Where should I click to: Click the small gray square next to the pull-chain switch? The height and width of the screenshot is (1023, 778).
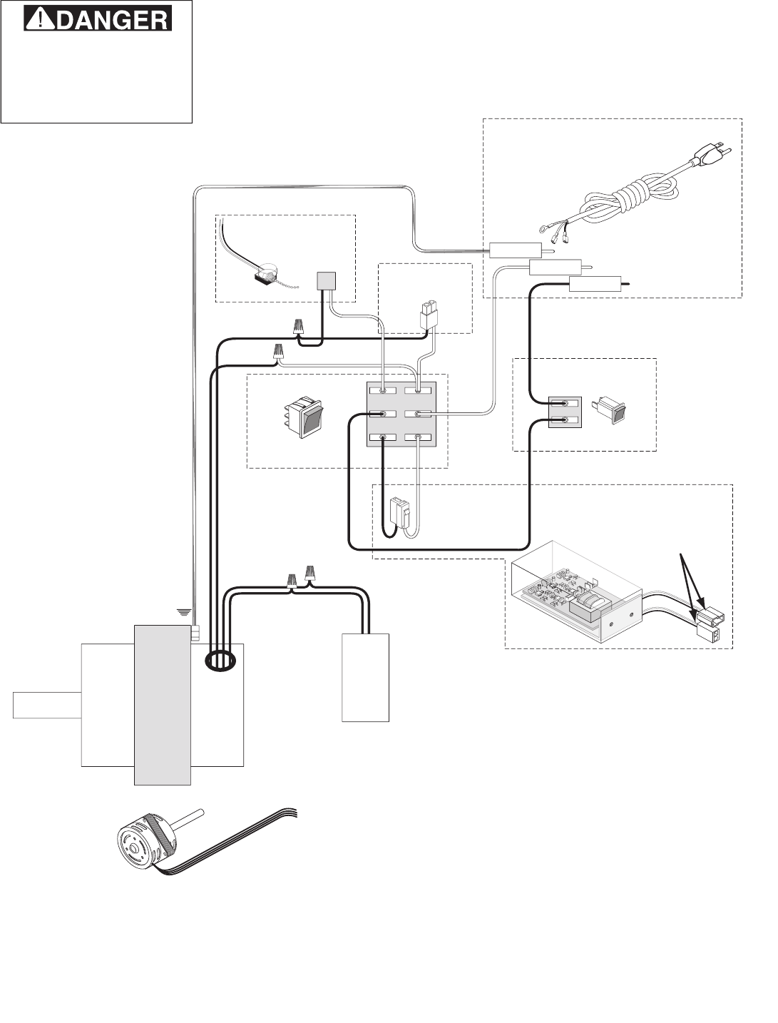(326, 281)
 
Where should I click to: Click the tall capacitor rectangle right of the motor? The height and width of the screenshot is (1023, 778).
(366, 677)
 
